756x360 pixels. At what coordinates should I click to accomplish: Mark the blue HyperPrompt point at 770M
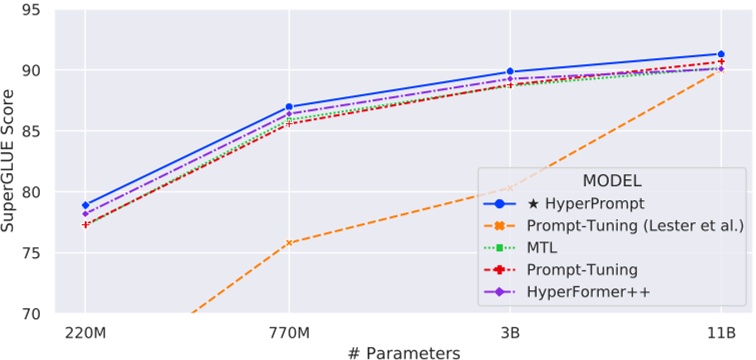(289, 107)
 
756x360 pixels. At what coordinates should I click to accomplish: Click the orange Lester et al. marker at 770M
(289, 243)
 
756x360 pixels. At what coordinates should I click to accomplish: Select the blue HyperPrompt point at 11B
(720, 54)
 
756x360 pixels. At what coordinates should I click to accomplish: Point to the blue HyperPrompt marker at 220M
(84, 205)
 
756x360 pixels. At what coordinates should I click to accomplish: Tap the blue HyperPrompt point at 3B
(510, 72)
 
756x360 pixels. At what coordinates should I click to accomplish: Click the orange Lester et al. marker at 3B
(510, 187)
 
